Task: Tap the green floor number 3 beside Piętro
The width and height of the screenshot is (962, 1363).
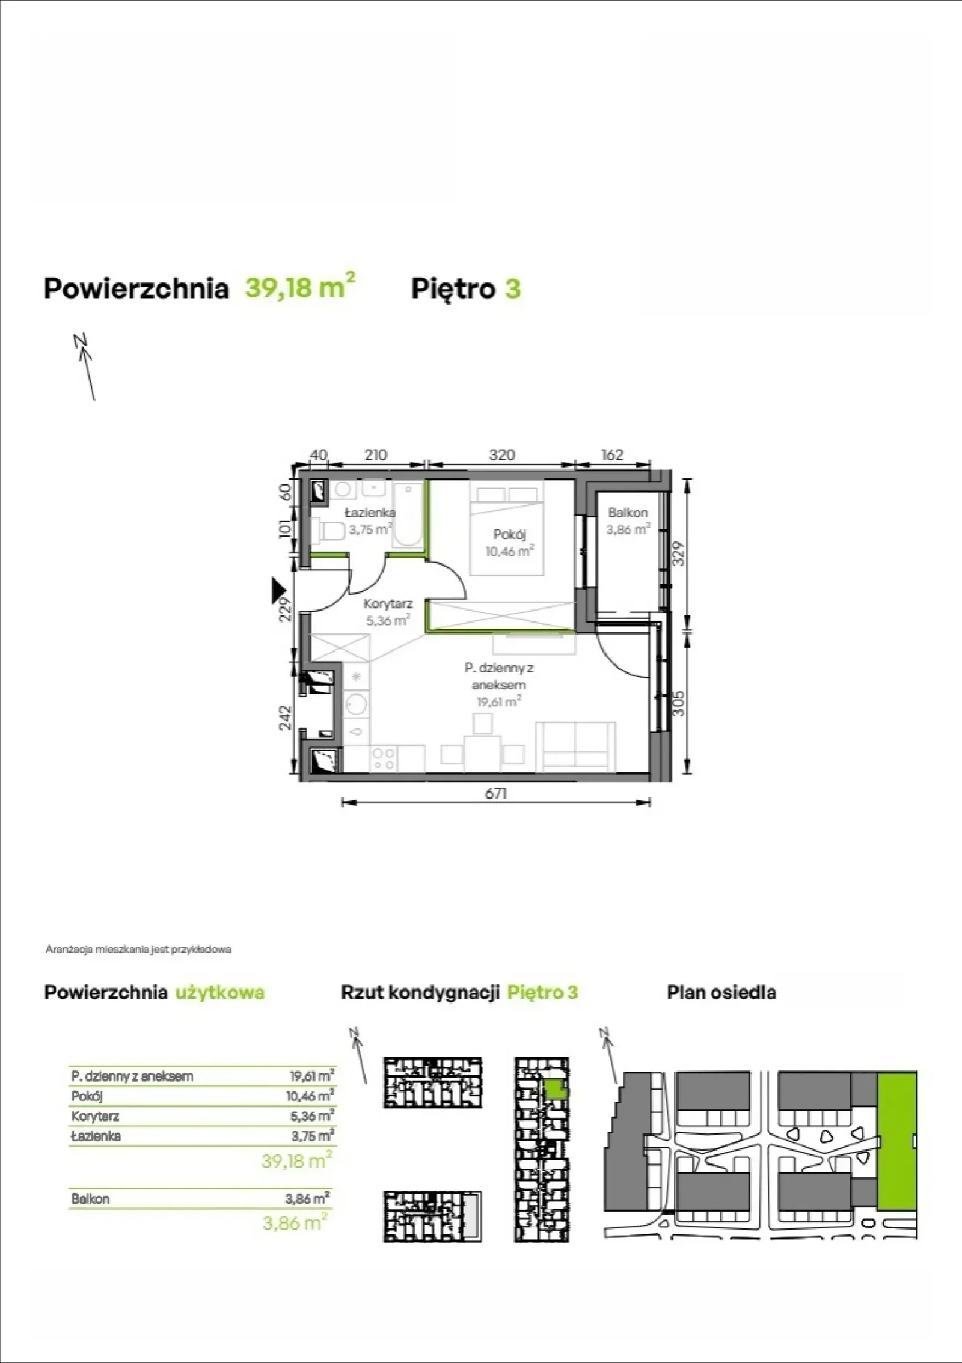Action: point(513,288)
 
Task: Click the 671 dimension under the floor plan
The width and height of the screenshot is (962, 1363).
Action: point(496,794)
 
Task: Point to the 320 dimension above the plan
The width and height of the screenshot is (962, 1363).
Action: point(501,455)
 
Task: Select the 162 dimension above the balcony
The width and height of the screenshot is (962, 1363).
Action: point(612,455)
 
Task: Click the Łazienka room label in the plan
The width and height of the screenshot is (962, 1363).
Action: point(370,513)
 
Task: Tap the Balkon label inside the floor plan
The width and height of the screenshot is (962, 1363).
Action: point(628,513)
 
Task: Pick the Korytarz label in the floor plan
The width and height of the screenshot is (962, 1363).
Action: point(388,604)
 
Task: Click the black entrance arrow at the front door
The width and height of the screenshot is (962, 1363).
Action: point(278,590)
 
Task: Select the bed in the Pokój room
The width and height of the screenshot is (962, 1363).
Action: point(506,527)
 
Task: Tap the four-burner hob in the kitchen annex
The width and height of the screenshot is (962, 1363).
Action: point(383,758)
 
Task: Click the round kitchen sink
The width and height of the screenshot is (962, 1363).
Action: point(357,703)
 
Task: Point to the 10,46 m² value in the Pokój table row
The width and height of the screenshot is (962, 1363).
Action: point(310,1096)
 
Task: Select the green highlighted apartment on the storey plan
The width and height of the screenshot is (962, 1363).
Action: point(555,1088)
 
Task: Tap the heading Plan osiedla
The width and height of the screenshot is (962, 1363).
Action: point(721,992)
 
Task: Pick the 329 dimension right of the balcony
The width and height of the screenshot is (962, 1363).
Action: point(678,553)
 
